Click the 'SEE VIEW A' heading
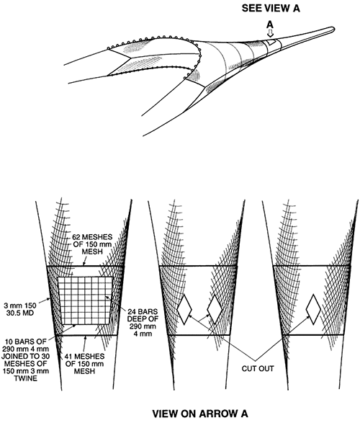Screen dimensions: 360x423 [x=271, y=8]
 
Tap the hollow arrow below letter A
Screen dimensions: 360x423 [x=270, y=33]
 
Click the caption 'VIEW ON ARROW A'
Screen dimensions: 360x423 [x=200, y=414]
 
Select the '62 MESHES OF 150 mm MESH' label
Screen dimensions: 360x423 [x=92, y=244]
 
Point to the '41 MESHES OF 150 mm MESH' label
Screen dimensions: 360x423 [x=85, y=364]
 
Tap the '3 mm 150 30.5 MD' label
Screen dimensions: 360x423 [x=19, y=309]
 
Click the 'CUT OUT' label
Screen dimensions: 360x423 [x=258, y=368]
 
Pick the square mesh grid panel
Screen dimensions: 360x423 [x=86, y=300]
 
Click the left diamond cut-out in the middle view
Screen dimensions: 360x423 [x=184, y=310]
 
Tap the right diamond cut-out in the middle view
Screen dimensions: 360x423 [x=215, y=309]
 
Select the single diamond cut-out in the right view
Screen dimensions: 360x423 [x=313, y=309]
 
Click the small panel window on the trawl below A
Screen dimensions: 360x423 [x=271, y=42]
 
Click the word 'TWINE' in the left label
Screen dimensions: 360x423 [x=26, y=378]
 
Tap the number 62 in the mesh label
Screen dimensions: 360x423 [x=76, y=237]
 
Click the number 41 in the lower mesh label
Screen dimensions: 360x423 [x=68, y=357]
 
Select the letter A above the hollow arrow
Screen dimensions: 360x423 [x=270, y=25]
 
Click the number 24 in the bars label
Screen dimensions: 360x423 [x=132, y=312]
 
